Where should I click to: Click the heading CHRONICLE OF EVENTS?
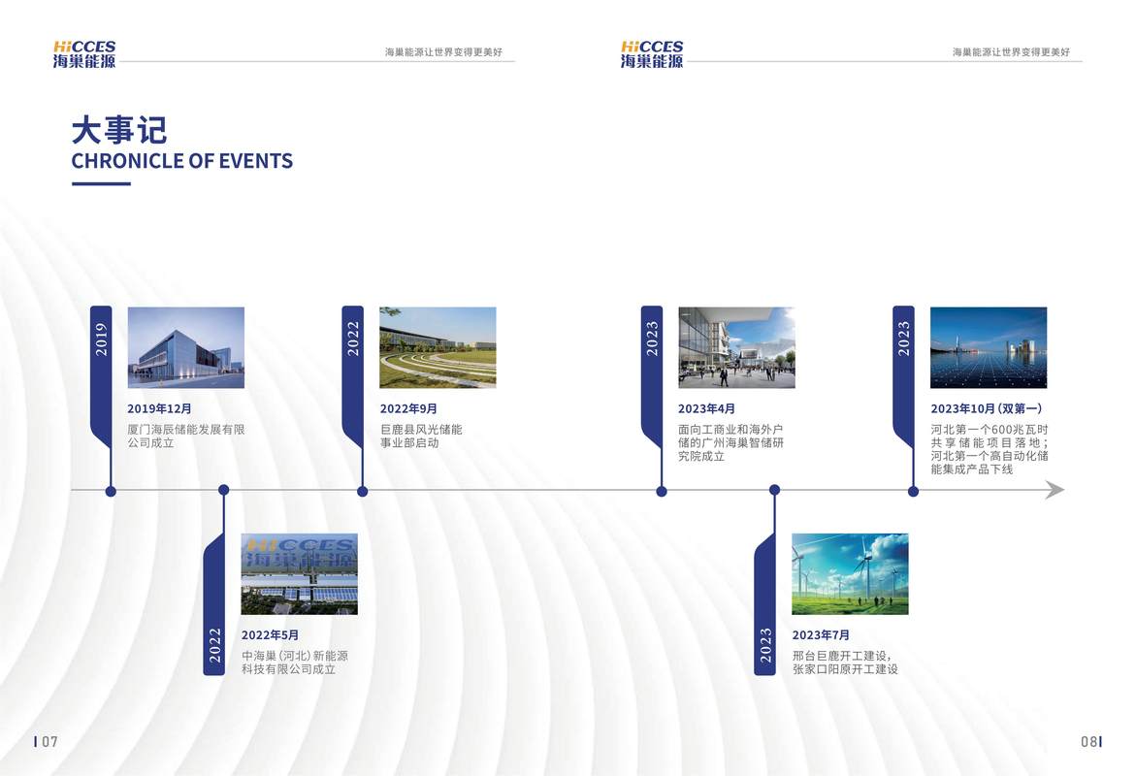181,161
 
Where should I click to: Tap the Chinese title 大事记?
119,131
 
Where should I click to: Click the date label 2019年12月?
159,408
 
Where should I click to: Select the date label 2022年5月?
270,635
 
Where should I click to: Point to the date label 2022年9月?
408,408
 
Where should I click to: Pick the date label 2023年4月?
706,408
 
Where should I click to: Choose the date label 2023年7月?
821,635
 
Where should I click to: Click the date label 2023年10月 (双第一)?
987,408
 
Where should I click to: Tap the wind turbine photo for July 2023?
850,574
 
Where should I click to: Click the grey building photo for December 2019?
186,348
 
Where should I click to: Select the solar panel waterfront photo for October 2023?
989,348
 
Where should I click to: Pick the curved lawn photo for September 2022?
438,348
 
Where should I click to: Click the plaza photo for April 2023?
737,348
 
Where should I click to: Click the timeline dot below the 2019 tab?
111,491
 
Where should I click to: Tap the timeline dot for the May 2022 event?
224,490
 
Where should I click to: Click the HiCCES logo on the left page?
84,54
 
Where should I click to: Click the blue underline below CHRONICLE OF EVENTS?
102,183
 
